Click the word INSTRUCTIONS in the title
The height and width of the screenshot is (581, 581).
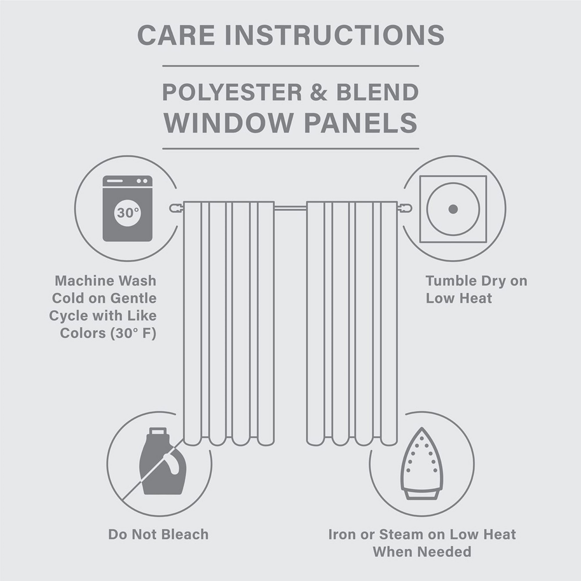point(335,35)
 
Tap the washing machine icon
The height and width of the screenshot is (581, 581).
point(128,209)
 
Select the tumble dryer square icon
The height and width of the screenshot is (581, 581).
point(453,209)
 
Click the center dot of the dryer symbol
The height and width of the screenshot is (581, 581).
point(453,209)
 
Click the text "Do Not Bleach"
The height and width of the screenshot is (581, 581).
point(158,535)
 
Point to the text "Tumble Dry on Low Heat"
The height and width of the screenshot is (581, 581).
point(476,289)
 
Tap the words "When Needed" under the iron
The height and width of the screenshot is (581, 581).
point(422,551)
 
